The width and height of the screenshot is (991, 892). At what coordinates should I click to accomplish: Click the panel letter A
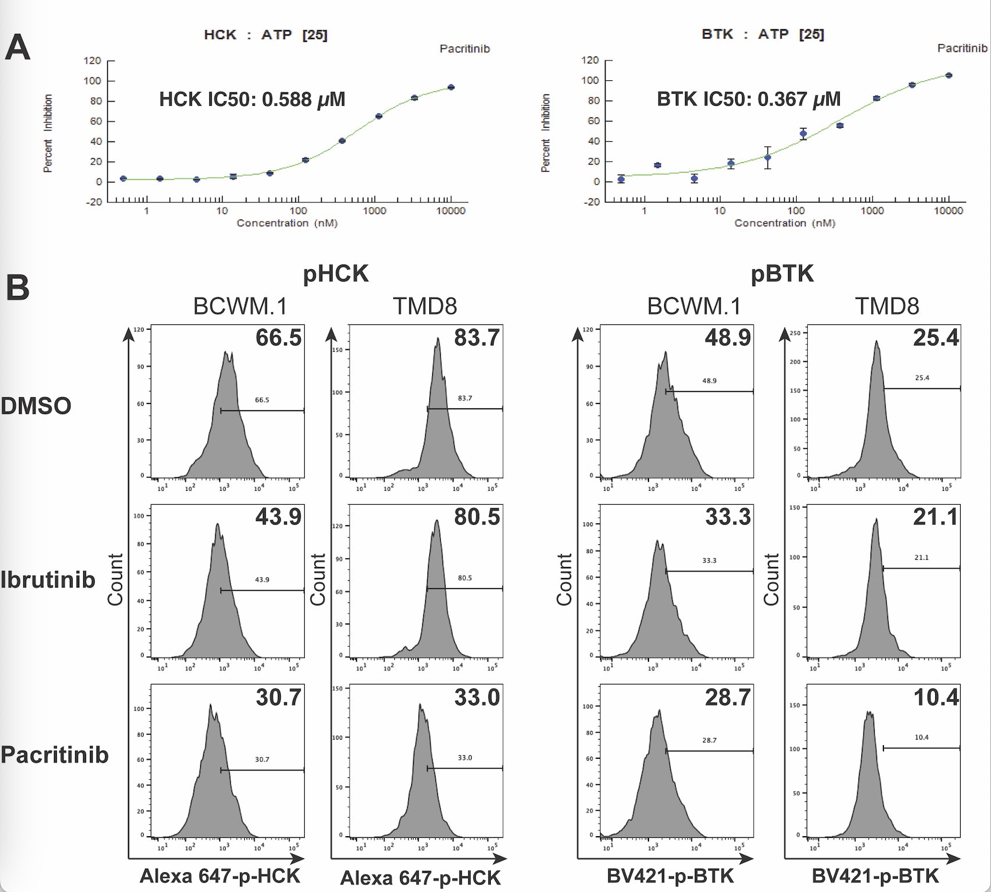(x=17, y=48)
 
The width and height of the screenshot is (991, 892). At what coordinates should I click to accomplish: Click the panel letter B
(x=17, y=287)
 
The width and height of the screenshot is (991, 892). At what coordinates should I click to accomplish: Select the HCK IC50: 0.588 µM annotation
(x=252, y=99)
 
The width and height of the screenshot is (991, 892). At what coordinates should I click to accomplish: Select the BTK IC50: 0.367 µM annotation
(x=748, y=99)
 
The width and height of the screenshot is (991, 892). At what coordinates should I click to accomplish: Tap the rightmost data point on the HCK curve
(x=451, y=87)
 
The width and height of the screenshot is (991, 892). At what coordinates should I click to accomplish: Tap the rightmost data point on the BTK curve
(x=949, y=75)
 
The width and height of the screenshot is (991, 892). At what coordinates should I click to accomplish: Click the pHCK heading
(x=336, y=273)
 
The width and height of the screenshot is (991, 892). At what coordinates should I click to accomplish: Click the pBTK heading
(x=782, y=273)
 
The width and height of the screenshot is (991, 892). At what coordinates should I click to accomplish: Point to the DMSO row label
(x=36, y=405)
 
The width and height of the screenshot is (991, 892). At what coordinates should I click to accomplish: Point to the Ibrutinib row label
(x=48, y=580)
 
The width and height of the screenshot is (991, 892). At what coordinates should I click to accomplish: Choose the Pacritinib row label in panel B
(x=55, y=755)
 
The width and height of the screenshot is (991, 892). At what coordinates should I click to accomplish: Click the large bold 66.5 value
(x=279, y=338)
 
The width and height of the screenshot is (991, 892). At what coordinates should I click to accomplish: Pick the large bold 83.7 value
(x=477, y=338)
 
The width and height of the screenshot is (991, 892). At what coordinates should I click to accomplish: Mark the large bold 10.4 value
(x=936, y=697)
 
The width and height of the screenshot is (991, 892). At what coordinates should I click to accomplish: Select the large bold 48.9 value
(x=728, y=338)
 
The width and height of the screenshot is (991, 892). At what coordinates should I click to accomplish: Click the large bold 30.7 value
(x=279, y=697)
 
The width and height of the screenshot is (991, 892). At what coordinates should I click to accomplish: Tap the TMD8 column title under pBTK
(x=887, y=306)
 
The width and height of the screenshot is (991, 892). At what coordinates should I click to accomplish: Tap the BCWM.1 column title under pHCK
(x=240, y=306)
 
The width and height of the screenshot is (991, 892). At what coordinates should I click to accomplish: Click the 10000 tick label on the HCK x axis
(x=451, y=210)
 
